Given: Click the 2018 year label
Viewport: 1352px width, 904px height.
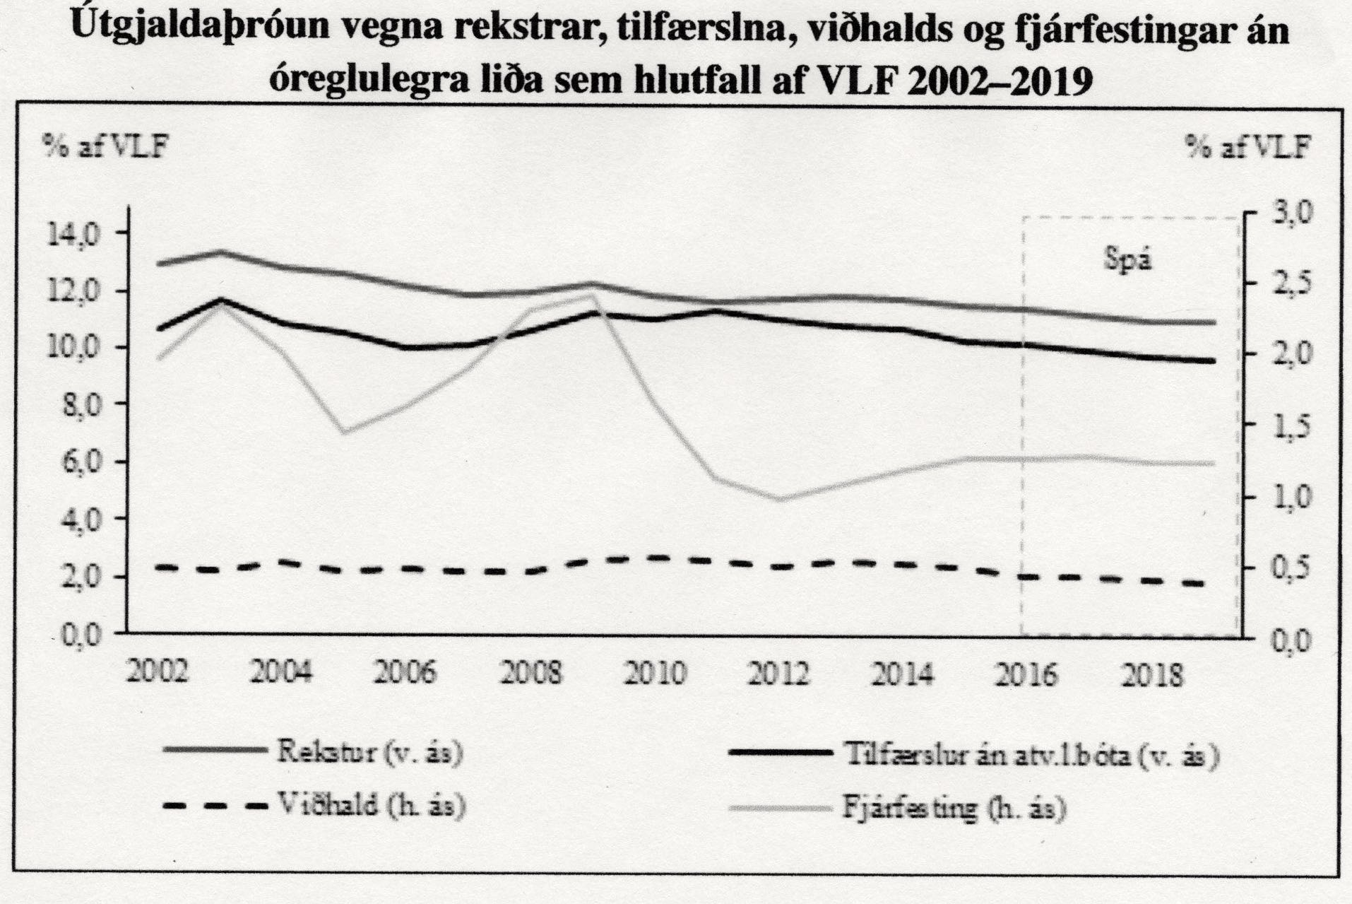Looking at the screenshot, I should (x=1151, y=675).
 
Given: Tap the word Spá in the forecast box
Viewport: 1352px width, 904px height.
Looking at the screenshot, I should (x=1127, y=260).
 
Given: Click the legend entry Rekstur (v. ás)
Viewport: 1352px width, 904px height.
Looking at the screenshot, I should (x=369, y=753).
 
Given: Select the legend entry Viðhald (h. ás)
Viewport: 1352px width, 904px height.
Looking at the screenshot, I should (x=369, y=805).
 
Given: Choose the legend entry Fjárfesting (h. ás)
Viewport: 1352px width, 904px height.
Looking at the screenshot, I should (x=953, y=808).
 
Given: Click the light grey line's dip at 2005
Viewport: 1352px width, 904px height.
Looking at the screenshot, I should (x=343, y=432).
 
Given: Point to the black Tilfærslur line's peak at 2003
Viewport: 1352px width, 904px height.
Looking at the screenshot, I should (x=220, y=300).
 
